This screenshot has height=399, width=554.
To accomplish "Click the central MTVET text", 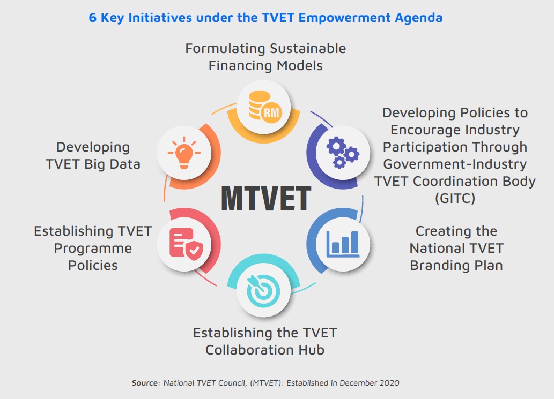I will pos(266,199).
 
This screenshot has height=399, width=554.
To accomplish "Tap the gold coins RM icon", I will pos(263,106).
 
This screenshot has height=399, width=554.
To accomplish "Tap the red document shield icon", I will pos(183,243).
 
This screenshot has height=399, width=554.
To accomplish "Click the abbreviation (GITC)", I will pos(455,198).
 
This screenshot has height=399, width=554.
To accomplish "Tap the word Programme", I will pos(93,248).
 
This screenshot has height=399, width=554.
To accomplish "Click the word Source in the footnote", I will pos(145,383).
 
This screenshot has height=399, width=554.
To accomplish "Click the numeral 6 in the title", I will pos(92,18).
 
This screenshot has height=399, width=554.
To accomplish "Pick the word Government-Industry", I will pos(455,164).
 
